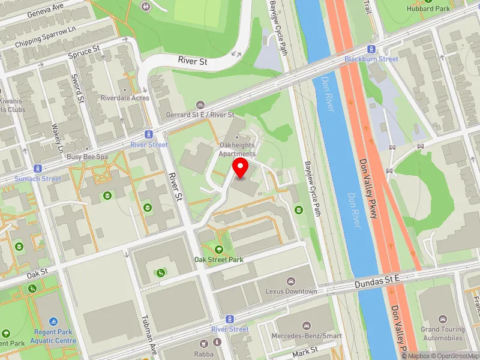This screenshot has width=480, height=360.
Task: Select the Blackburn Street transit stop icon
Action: click(x=371, y=50)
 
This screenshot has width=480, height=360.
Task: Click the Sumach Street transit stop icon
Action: click(x=38, y=169)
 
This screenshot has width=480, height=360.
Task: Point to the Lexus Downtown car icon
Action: click(x=291, y=281)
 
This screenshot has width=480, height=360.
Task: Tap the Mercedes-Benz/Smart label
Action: click(x=307, y=335)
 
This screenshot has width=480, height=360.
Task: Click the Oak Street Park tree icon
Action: click(x=218, y=250)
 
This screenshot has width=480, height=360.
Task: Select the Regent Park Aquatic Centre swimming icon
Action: click(x=53, y=322)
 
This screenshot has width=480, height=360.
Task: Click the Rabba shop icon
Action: click(x=202, y=343)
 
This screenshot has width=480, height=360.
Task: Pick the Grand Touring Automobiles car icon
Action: click(x=442, y=319)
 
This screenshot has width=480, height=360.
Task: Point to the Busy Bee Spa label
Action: click(x=86, y=156)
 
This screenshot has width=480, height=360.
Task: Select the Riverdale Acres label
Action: click(x=124, y=97)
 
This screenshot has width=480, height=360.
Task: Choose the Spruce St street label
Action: click(x=83, y=53)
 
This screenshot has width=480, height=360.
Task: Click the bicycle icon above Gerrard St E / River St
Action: click(x=200, y=104)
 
